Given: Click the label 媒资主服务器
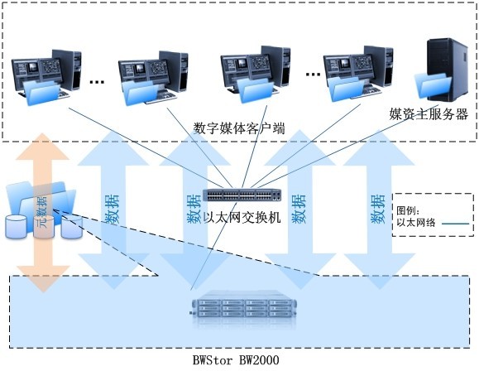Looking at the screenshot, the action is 429,114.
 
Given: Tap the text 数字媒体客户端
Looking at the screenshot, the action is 239,128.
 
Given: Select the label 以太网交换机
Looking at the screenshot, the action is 242,218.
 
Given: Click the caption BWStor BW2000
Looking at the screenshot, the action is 236,360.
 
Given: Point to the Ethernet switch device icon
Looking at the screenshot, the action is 242,195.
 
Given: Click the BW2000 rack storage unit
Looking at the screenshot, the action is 243,309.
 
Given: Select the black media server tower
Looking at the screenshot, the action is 448,69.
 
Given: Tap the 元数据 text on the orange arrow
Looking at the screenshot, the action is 42,212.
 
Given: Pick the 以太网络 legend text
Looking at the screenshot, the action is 416,223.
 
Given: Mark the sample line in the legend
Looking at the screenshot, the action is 455,224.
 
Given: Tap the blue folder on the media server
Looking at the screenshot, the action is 433,85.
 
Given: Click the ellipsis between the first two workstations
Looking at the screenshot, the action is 97,82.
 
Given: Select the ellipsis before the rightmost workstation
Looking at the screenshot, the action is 313,74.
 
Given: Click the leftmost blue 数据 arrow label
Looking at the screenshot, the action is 113,210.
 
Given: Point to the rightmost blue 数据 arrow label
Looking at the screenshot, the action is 377,209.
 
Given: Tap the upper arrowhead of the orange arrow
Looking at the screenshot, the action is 42,147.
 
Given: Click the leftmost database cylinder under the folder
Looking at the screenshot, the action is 17,227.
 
